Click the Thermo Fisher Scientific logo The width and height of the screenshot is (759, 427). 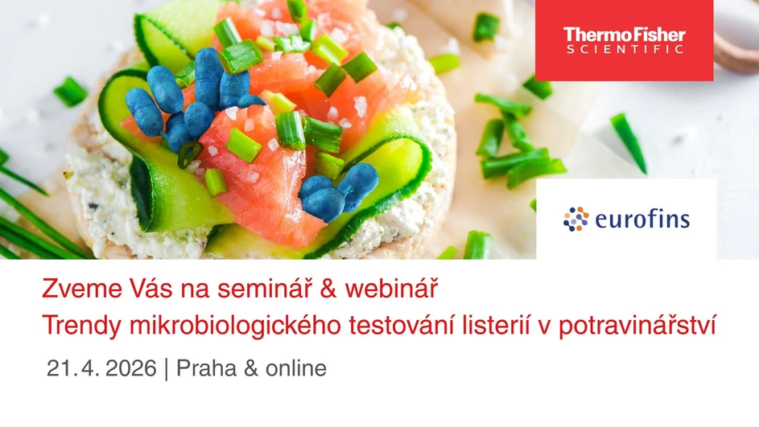624,39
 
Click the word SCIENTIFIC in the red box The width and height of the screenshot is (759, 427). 624,49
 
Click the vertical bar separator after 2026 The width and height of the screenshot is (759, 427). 166,369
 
